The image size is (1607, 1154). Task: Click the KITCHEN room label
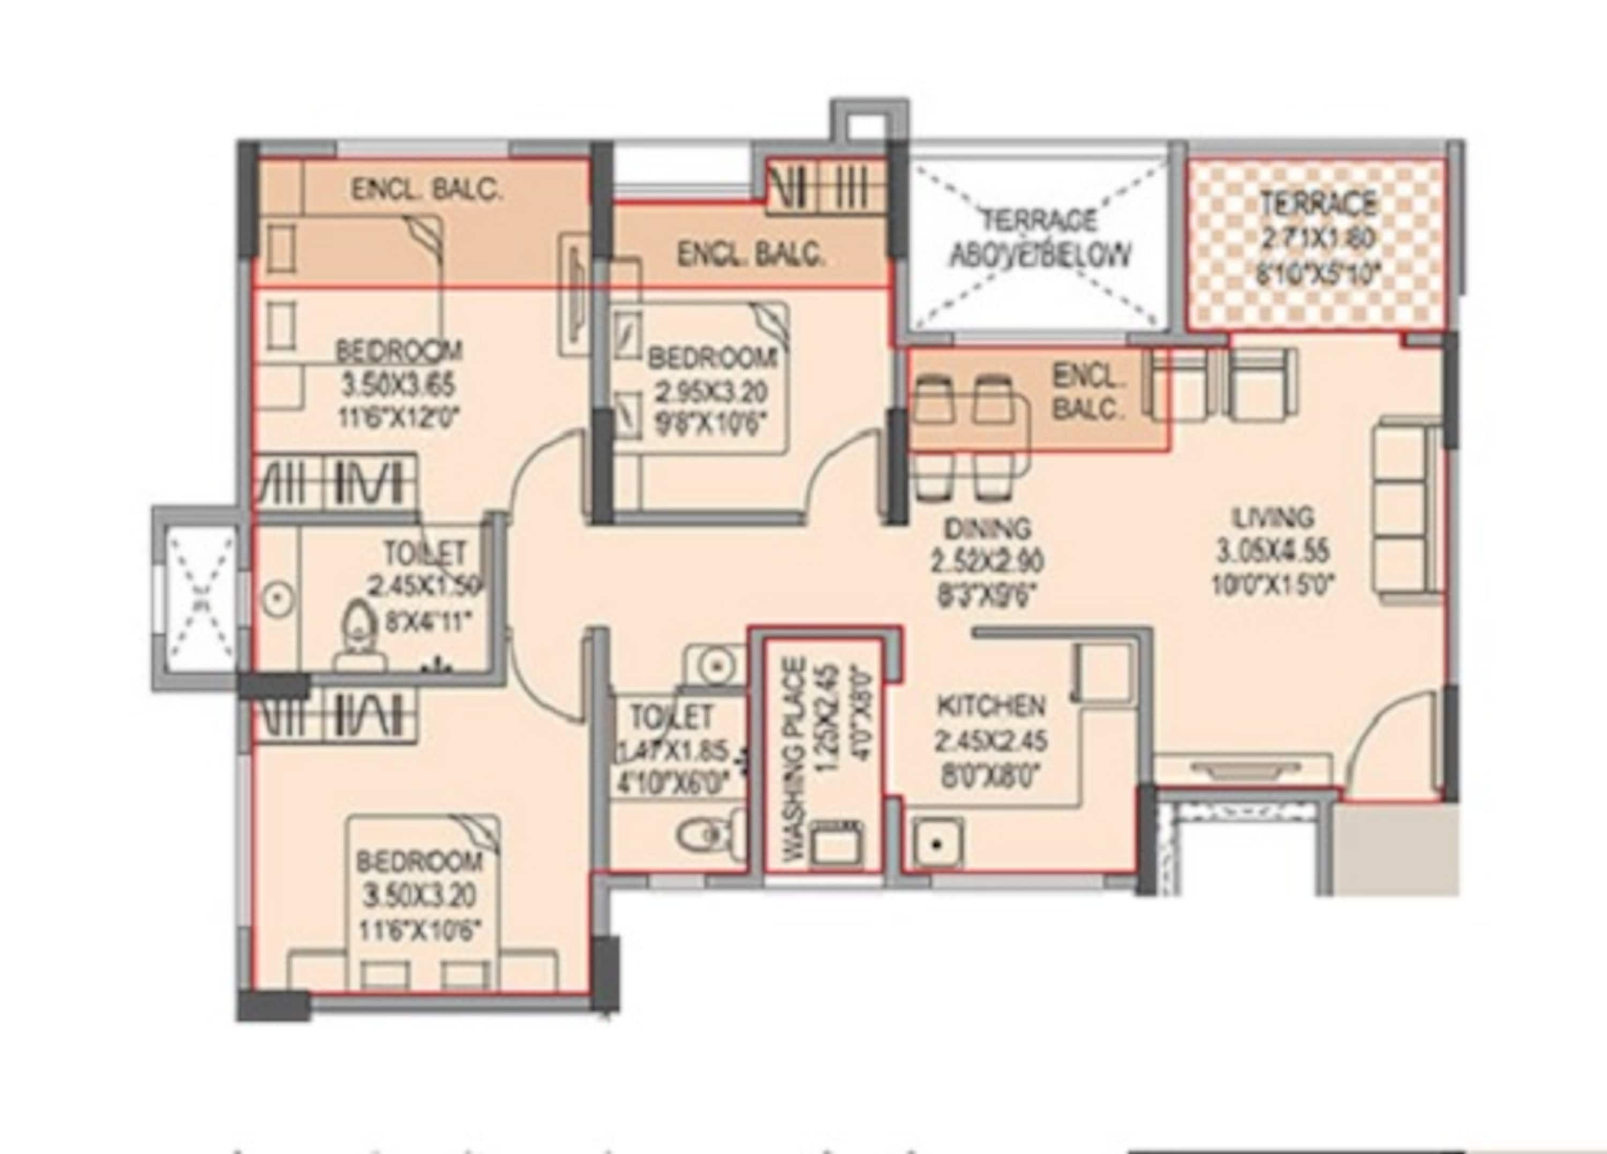tap(990, 705)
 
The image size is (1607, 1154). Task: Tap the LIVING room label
tap(1273, 518)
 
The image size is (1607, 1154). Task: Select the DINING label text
tap(988, 529)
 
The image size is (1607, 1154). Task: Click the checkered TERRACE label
tap(1318, 204)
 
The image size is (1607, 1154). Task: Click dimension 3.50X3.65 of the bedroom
tap(398, 386)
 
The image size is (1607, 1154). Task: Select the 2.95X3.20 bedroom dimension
tap(711, 392)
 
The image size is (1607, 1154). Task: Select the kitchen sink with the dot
tap(937, 843)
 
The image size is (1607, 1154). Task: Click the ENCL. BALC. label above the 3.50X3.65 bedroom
tap(427, 190)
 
